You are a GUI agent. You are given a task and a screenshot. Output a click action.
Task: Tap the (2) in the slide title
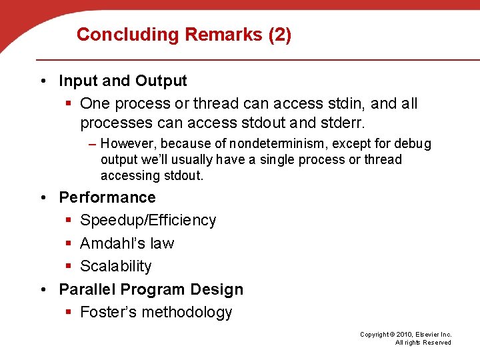tap(279, 35)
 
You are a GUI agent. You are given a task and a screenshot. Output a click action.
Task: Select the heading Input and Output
tap(123, 81)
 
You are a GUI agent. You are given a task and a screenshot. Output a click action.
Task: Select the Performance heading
tap(107, 197)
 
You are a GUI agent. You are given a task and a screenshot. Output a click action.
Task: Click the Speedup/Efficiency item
tap(148, 221)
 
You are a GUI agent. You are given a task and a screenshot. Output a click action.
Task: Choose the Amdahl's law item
tap(127, 243)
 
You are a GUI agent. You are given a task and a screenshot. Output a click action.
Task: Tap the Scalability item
tap(116, 267)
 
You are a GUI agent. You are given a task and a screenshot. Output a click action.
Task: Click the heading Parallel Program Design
tap(151, 289)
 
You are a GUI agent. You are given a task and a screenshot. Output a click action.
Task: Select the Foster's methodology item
tap(156, 313)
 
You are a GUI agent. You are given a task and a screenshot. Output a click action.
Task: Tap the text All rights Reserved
tap(423, 343)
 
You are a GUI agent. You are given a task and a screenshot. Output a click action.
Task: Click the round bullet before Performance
tap(43, 198)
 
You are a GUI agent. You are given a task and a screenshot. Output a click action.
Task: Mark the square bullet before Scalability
tap(69, 267)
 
